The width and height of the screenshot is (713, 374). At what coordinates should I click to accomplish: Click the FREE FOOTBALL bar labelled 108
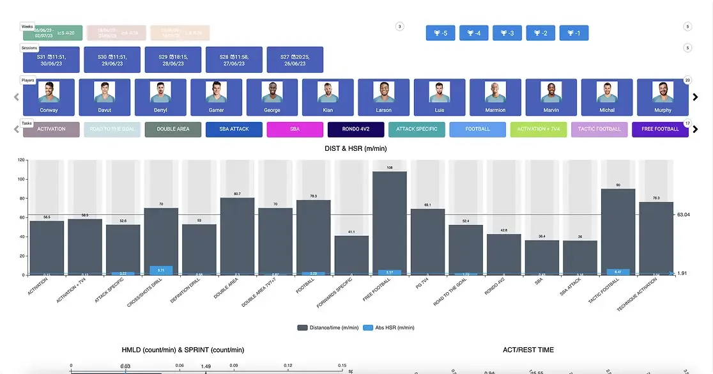pyautogui.click(x=390, y=224)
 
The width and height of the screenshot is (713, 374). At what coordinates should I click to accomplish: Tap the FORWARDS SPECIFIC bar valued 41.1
pyautogui.click(x=351, y=256)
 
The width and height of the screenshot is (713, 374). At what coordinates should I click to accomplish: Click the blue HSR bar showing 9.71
pyautogui.click(x=161, y=270)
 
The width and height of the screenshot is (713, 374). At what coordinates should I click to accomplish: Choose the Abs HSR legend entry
pyautogui.click(x=388, y=327)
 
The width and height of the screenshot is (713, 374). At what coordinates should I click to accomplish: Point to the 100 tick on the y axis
pyautogui.click(x=21, y=179)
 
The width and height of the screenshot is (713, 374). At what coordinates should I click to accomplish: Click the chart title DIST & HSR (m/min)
pyautogui.click(x=356, y=148)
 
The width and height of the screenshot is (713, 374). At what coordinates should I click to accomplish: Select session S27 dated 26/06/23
pyautogui.click(x=295, y=60)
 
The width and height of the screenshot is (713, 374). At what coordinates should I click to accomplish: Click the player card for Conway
pyautogui.click(x=49, y=97)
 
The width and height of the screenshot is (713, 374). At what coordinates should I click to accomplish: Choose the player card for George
pyautogui.click(x=272, y=97)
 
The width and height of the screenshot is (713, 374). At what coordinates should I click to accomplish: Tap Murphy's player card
pyautogui.click(x=663, y=97)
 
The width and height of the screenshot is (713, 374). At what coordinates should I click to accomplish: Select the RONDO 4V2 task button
pyautogui.click(x=356, y=129)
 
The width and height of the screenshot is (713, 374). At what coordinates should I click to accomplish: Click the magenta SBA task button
pyautogui.click(x=295, y=129)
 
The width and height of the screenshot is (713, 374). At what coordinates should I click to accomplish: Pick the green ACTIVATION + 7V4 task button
pyautogui.click(x=539, y=129)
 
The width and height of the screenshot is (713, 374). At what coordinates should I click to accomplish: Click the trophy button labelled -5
pyautogui.click(x=441, y=33)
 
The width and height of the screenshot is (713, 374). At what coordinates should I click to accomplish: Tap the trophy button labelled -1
pyautogui.click(x=574, y=33)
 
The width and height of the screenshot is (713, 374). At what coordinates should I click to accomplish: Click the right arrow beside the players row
pyautogui.click(x=696, y=97)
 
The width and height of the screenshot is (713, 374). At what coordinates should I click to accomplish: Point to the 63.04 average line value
pyautogui.click(x=685, y=215)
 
